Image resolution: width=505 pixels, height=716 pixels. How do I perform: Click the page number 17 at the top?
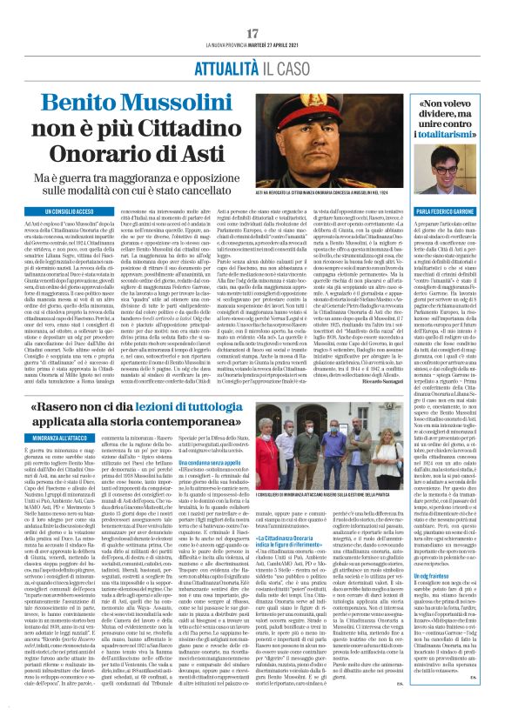(252, 32)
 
